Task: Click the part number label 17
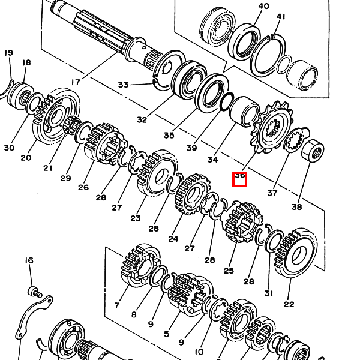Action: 76,82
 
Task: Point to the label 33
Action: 123,85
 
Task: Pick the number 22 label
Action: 289,304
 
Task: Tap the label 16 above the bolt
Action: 29,260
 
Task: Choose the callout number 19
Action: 8,53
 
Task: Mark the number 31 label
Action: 268,293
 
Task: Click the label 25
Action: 229,271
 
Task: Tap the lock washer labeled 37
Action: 295,142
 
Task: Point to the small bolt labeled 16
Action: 35,292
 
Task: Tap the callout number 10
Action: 199,351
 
